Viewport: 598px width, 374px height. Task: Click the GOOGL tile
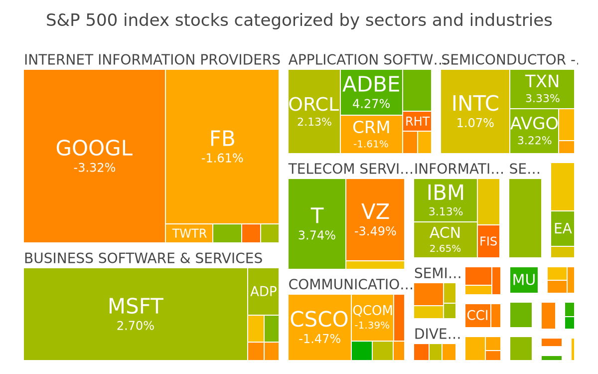click(95, 156)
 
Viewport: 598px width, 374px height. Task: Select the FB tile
click(222, 147)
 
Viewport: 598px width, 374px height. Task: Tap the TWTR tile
click(189, 233)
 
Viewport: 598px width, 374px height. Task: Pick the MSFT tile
click(136, 314)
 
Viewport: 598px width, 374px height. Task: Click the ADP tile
click(263, 291)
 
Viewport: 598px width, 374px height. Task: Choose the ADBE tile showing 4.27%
click(371, 92)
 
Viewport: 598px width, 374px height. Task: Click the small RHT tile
click(417, 121)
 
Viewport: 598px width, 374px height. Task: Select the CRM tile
click(371, 134)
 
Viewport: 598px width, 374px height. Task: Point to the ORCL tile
click(314, 111)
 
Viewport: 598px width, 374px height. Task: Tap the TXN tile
click(542, 89)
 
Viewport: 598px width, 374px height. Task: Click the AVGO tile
click(534, 131)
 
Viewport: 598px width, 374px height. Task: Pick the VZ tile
click(375, 219)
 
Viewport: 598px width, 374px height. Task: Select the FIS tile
click(488, 241)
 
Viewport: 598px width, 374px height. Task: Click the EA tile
click(563, 229)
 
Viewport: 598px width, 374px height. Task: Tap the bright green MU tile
click(524, 280)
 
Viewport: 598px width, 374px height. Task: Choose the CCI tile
click(478, 316)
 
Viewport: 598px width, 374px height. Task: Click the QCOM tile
click(372, 318)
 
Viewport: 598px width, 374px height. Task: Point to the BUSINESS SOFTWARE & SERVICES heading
click(144, 258)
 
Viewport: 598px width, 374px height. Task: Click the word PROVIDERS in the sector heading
click(240, 59)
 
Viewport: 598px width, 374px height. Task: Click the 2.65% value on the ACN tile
click(445, 249)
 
